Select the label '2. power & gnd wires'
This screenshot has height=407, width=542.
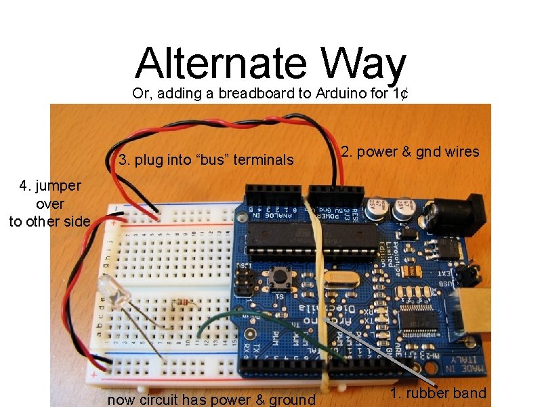(410, 152)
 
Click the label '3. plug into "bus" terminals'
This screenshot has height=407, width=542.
(206, 161)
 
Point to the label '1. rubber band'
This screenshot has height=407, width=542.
(438, 393)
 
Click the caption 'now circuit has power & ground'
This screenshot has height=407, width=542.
(211, 400)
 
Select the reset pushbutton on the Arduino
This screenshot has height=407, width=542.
(277, 276)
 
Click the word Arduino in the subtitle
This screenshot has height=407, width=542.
(341, 94)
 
